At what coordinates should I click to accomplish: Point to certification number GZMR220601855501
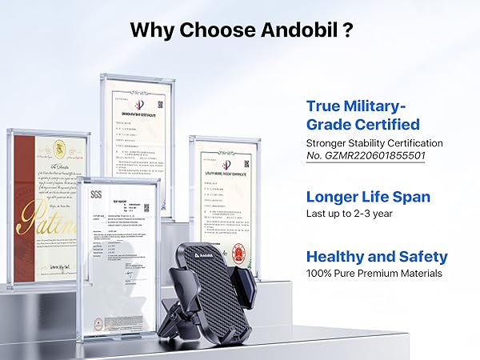click(x=358, y=156)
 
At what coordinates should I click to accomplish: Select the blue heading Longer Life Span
click(x=368, y=197)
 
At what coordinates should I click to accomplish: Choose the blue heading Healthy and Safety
click(x=377, y=257)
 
